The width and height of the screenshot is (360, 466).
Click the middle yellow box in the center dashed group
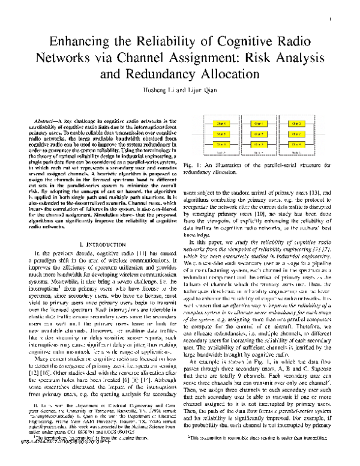pyautogui.click(x=259, y=133)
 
